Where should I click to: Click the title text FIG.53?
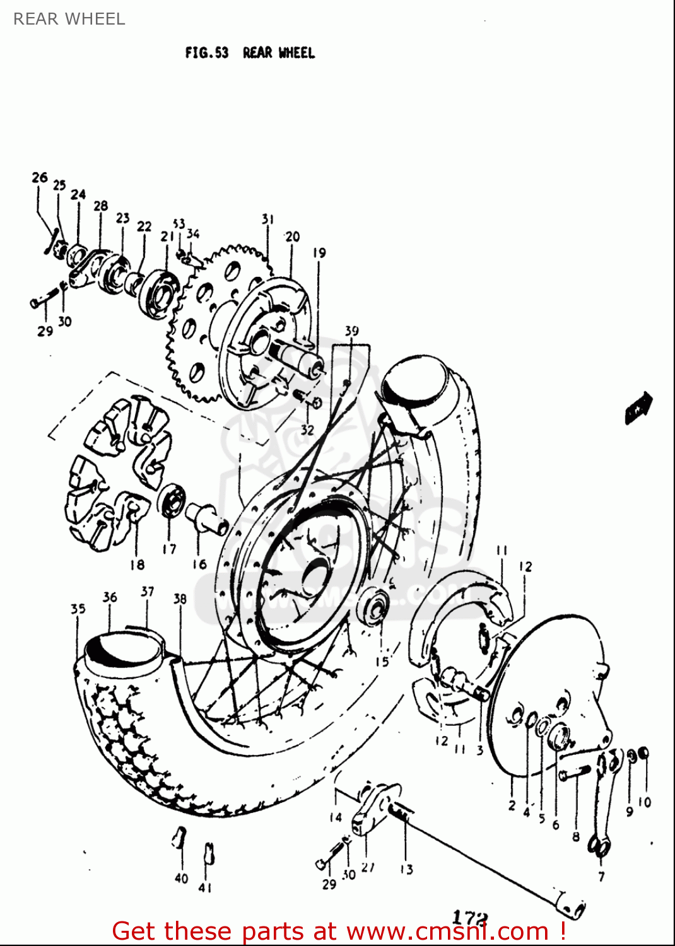tap(206, 53)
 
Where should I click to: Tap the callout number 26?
tap(40, 177)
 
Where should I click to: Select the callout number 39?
tap(351, 330)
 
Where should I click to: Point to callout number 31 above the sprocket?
tap(267, 219)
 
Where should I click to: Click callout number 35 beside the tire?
tap(78, 609)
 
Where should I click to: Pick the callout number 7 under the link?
tap(601, 876)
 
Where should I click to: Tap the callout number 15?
tap(382, 662)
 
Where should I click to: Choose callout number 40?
tap(181, 878)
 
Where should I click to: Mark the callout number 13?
tap(406, 869)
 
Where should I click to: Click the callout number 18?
tap(137, 564)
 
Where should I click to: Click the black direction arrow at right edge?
tap(638, 407)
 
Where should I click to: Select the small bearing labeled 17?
tap(171, 502)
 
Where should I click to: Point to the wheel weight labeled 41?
tap(208, 855)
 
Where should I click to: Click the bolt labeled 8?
tap(574, 773)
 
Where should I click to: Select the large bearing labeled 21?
tap(159, 293)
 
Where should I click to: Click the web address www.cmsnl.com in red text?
tap(447, 931)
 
